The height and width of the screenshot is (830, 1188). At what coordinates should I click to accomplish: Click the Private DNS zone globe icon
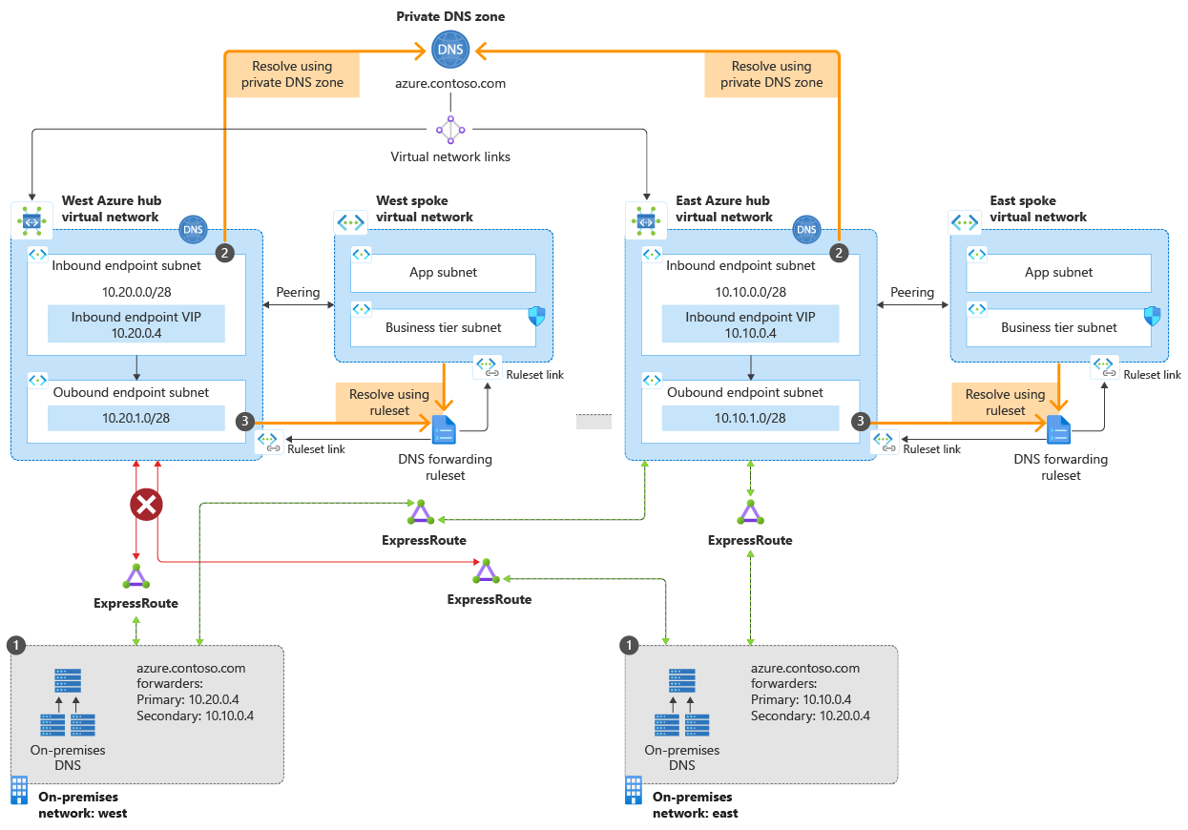pyautogui.click(x=450, y=50)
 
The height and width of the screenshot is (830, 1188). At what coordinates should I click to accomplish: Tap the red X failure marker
pyautogui.click(x=146, y=506)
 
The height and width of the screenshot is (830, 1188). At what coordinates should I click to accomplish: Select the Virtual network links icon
pyautogui.click(x=450, y=129)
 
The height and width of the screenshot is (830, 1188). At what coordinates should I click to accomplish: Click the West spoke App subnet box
pyautogui.click(x=443, y=273)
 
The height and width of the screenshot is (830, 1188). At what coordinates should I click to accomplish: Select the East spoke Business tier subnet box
pyautogui.click(x=1058, y=327)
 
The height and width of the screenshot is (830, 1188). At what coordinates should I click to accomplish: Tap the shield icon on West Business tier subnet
pyautogui.click(x=537, y=317)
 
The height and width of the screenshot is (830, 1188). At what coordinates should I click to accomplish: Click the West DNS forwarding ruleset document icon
pyautogui.click(x=445, y=431)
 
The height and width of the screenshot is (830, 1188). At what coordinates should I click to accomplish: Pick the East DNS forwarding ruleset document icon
pyautogui.click(x=1058, y=431)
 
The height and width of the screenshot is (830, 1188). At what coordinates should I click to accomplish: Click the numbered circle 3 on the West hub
pyautogui.click(x=246, y=421)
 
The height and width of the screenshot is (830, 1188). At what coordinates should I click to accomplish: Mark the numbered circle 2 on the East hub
pyautogui.click(x=839, y=253)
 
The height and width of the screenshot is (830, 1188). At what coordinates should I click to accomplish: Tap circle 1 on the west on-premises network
pyautogui.click(x=15, y=646)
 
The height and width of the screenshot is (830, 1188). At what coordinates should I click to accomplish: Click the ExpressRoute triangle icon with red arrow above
pyautogui.click(x=135, y=576)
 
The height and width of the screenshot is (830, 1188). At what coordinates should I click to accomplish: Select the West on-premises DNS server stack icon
pyautogui.click(x=68, y=702)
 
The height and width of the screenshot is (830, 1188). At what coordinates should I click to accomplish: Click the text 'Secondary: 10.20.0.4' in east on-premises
pyautogui.click(x=810, y=716)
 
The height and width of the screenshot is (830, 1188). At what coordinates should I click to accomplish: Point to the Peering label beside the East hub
pyautogui.click(x=912, y=292)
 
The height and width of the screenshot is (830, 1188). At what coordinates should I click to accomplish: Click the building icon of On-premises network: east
pyautogui.click(x=634, y=791)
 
